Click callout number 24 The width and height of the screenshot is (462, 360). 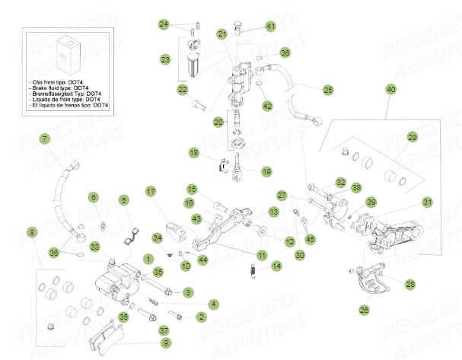164,24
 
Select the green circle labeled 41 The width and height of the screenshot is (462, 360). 270,27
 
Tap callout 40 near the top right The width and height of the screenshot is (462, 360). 390,90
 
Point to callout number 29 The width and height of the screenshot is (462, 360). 412,137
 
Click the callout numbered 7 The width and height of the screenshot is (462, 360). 44,139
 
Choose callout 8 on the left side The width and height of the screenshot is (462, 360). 31,231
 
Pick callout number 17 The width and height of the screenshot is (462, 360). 151,191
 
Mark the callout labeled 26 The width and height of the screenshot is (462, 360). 363,309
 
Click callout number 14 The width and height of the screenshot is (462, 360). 276,266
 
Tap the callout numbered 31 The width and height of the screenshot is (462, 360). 427,202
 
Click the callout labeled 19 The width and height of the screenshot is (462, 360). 266,171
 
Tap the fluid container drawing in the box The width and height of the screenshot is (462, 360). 68,52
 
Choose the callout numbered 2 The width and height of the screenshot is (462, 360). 201,316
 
